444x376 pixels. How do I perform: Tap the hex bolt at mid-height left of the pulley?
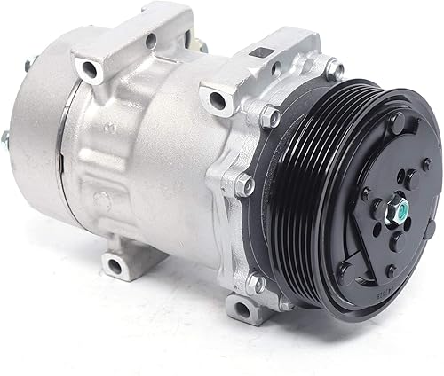[245, 185]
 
